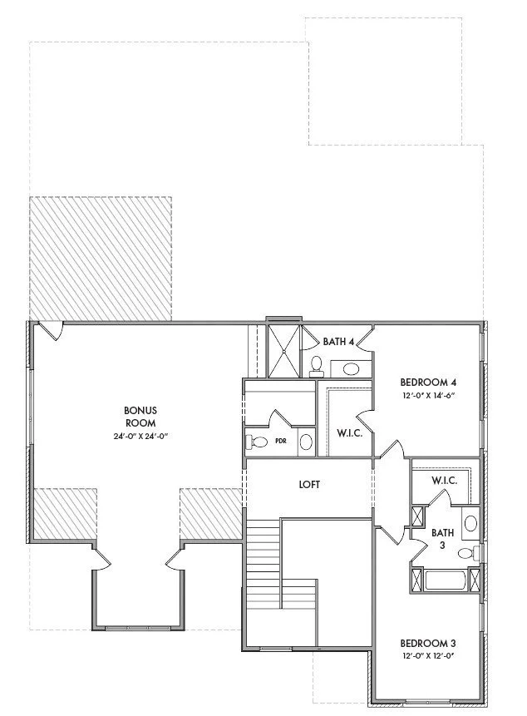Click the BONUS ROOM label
coord(140,417)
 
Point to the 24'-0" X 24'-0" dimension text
coord(141,436)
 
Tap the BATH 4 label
coord(338,341)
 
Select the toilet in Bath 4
coord(316,367)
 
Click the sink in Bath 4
coord(351,368)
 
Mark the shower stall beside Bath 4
coord(283,351)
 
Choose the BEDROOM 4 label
coord(428,383)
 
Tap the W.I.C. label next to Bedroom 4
coord(349,433)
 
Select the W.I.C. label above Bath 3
coord(445,481)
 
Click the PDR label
coord(281,441)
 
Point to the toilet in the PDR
coord(256,442)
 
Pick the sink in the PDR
coord(306,442)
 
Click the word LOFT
coord(309,485)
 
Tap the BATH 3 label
coord(442,539)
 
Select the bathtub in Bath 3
coord(446,580)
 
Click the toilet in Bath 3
coord(469,554)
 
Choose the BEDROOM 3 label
coord(428,644)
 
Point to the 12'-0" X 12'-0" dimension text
coord(429,656)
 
